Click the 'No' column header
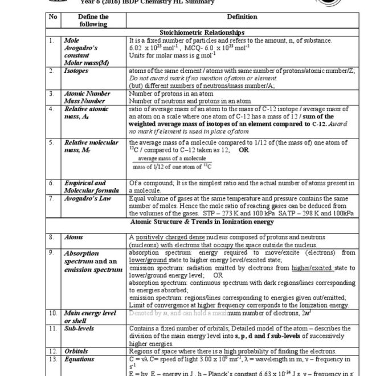54,17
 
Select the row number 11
52,329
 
